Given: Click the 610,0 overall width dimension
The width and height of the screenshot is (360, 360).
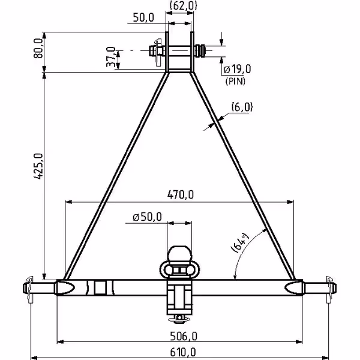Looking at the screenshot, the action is point(183,352).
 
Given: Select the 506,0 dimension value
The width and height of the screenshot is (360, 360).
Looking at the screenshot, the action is point(184,337).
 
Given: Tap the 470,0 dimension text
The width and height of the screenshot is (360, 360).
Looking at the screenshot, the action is point(181,194).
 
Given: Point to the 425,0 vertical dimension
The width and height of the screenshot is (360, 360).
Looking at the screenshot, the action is point(38,166).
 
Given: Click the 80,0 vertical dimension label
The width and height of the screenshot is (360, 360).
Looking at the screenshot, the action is point(38,48).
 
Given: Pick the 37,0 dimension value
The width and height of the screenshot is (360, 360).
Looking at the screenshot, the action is point(111,57).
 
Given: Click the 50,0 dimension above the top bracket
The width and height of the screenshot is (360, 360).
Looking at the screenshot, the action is point(143,17).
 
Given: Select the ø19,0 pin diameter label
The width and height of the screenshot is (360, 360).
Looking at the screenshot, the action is point(237,69).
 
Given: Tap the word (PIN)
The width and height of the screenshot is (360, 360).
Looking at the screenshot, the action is point(235,81).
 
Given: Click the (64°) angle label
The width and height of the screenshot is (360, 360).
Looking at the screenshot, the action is point(239,243).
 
